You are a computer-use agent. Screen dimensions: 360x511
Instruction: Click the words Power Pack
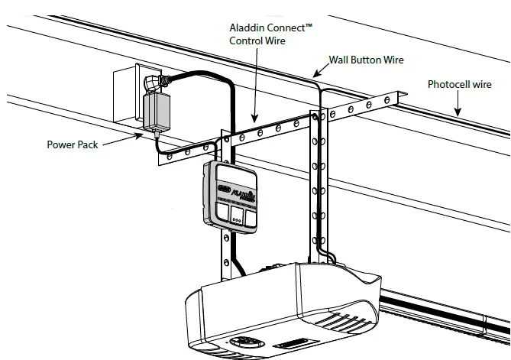73,144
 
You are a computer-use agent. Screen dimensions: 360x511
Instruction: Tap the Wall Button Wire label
366,60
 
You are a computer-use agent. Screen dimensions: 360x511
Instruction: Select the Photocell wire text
459,85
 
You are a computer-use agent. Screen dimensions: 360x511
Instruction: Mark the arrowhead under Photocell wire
458,112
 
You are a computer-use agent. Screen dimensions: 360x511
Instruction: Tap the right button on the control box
250,215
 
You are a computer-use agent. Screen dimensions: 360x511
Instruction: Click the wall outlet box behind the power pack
126,97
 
